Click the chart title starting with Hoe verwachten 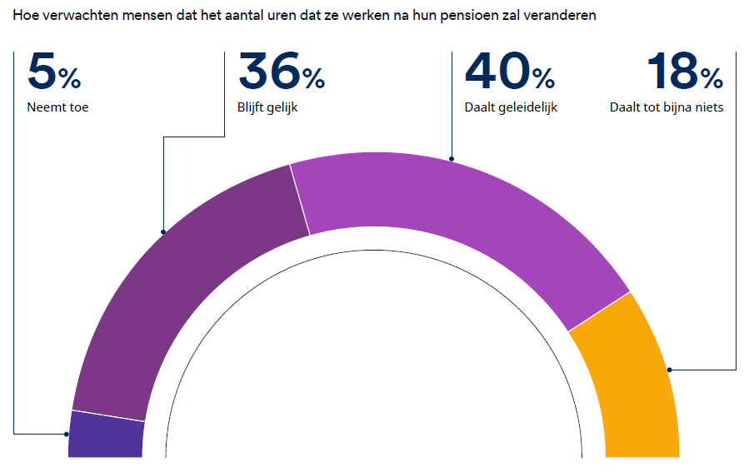[x=304, y=16]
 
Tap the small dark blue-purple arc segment [x=106, y=435]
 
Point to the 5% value [x=54, y=72]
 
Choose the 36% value [x=281, y=72]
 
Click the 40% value [x=509, y=72]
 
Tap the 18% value [x=684, y=72]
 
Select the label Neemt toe [x=57, y=107]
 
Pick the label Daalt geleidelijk [x=510, y=107]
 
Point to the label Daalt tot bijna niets [x=667, y=107]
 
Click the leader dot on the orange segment [x=669, y=369]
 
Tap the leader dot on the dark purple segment [x=163, y=231]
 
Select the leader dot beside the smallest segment [x=67, y=434]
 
